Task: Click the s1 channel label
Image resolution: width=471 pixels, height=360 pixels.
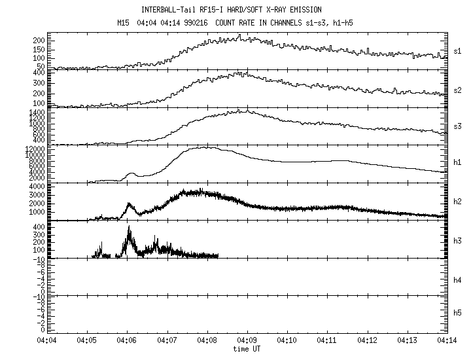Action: coord(457,52)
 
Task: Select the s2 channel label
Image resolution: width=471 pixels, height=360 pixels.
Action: coord(457,90)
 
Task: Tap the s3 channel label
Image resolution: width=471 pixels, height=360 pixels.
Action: coord(457,127)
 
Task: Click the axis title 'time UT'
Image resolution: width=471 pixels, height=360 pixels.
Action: coord(247,349)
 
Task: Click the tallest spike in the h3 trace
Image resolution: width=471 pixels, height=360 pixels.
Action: coord(129,227)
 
